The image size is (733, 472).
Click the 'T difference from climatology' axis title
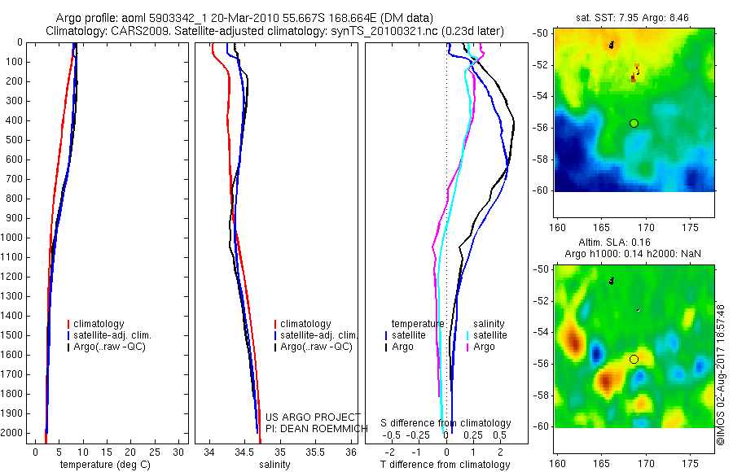click(446, 465)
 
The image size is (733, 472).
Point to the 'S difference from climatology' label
click(446, 424)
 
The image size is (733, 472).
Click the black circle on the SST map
click(634, 123)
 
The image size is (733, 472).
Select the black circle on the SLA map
click(634, 359)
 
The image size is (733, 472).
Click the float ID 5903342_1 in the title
click(174, 18)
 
